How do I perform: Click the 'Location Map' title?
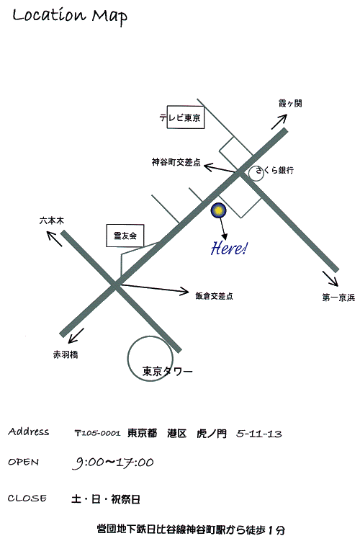click(x=70, y=17)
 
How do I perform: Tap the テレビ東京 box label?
click(x=180, y=117)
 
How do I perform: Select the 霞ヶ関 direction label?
click(x=290, y=103)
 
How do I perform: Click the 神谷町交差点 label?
click(x=176, y=162)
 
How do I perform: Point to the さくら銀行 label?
click(x=275, y=170)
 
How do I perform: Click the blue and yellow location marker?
click(x=218, y=210)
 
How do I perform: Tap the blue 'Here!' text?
click(x=229, y=248)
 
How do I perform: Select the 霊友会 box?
click(x=125, y=236)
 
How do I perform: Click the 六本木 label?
click(x=52, y=220)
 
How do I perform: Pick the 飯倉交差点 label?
click(x=214, y=296)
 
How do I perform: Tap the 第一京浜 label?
click(x=338, y=298)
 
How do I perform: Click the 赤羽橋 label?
click(x=66, y=354)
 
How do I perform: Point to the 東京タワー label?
click(x=168, y=371)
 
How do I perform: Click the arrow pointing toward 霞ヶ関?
click(x=279, y=122)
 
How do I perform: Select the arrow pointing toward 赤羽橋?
click(x=76, y=336)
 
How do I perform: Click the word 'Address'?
click(x=29, y=432)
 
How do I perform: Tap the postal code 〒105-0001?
click(x=98, y=433)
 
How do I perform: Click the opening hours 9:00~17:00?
click(x=113, y=462)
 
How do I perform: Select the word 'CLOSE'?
click(x=27, y=498)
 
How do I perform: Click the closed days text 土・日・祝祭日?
click(x=106, y=499)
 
